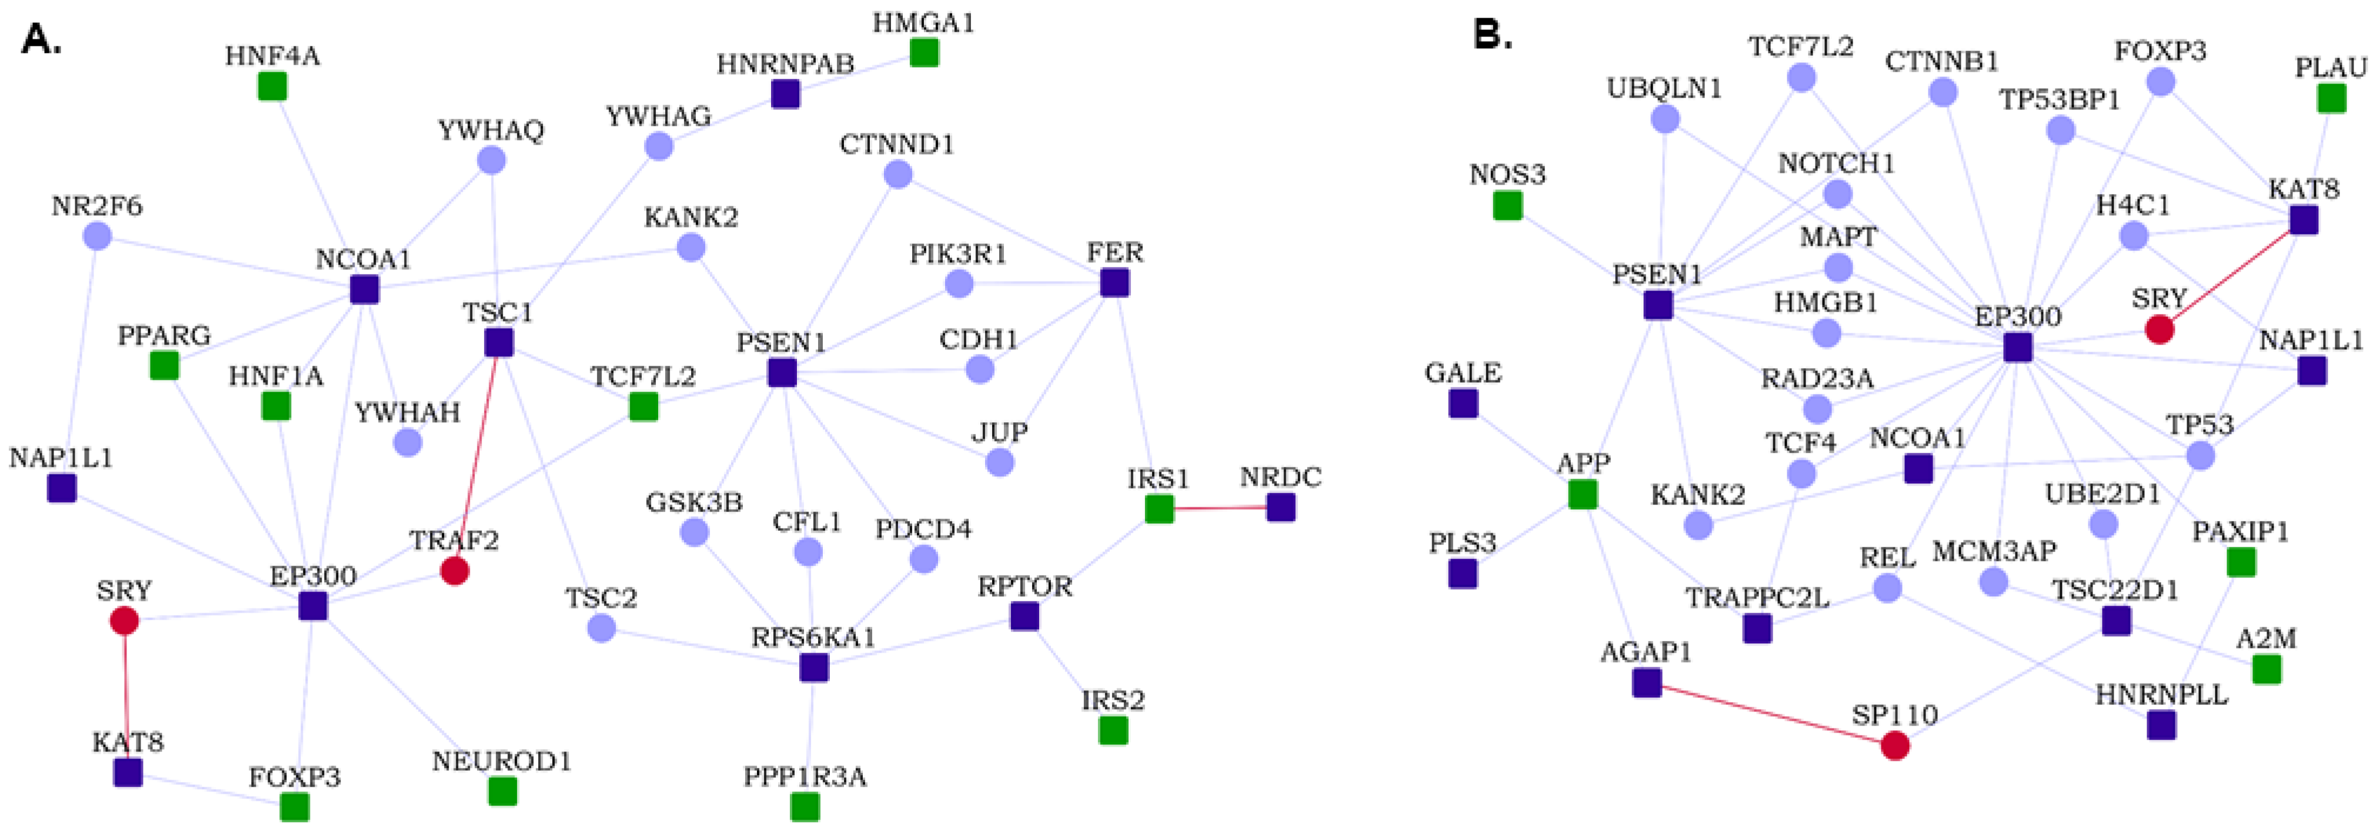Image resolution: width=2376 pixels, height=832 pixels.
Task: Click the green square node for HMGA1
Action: pyautogui.click(x=924, y=52)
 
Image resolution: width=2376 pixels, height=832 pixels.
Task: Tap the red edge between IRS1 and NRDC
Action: pyautogui.click(x=1219, y=507)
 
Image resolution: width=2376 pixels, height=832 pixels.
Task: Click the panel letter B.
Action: pyautogui.click(x=1493, y=35)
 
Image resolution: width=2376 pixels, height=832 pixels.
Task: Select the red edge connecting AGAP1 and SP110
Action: pyautogui.click(x=1771, y=714)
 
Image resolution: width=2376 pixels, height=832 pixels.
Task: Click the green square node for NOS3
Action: pyautogui.click(x=1507, y=205)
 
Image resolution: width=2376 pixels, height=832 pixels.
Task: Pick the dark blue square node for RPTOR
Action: pyautogui.click(x=1025, y=615)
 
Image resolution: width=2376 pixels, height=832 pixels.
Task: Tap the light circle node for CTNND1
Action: pyautogui.click(x=897, y=174)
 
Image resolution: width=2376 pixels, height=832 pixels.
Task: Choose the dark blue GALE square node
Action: pyautogui.click(x=1463, y=403)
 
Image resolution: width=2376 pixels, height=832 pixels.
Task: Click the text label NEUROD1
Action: pyautogui.click(x=502, y=761)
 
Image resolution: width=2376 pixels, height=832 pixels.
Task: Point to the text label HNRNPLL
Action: pyautogui.click(x=2161, y=694)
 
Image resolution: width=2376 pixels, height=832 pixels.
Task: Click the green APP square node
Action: pyautogui.click(x=1583, y=494)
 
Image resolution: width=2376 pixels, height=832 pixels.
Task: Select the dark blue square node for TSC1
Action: pyautogui.click(x=499, y=342)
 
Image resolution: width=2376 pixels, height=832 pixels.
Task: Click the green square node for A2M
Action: pyautogui.click(x=2266, y=669)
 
